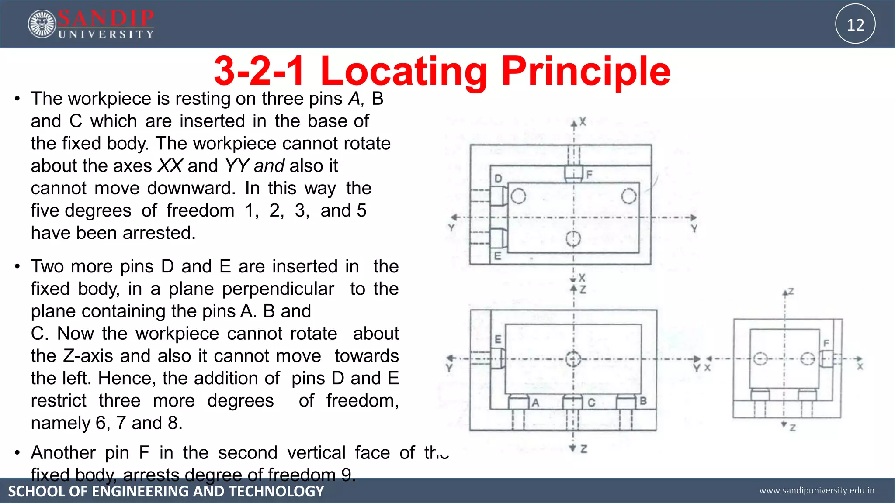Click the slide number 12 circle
pos(855,24)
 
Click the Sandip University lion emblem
pos(42,24)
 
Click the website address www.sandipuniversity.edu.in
pos(817,490)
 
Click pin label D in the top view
pos(498,178)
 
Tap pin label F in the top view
pos(589,175)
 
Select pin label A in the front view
pos(535,403)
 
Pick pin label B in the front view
pos(643,401)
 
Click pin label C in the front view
pos(591,403)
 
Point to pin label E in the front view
pos(498,339)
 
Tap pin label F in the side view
pos(826,343)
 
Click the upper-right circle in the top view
pos(628,196)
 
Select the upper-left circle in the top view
pos(518,196)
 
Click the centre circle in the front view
pos(573,359)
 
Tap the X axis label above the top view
pos(583,122)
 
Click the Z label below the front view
pos(583,449)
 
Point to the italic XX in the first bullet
pos(170,166)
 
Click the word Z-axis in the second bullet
pos(88,356)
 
